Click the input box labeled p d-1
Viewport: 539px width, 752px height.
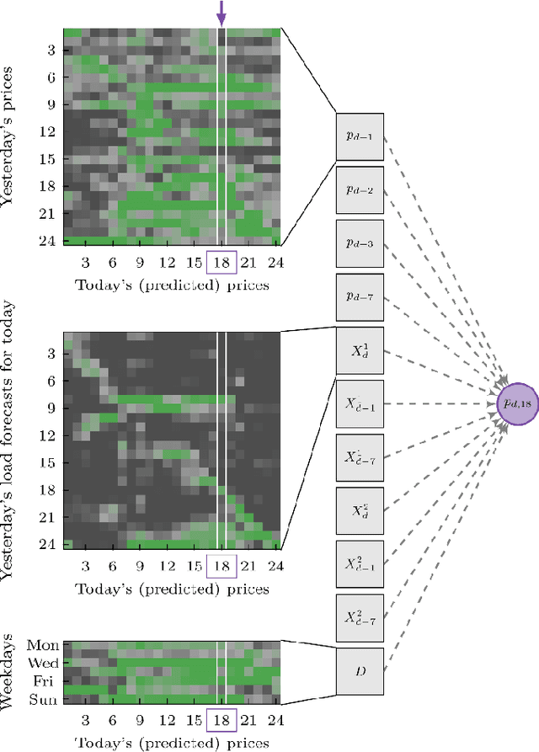point(360,136)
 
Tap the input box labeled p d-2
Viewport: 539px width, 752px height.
point(360,190)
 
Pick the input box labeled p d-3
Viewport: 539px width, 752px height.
point(360,243)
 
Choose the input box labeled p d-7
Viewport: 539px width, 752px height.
point(360,297)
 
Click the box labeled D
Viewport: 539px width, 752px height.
point(360,671)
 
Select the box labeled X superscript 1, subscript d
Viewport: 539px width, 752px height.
point(360,350)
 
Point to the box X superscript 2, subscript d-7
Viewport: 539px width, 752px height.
point(360,618)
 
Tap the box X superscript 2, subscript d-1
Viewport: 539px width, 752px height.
point(360,564)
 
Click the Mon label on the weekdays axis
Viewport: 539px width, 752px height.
point(43,646)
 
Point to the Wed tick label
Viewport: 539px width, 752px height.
point(43,663)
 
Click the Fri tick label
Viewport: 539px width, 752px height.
point(45,680)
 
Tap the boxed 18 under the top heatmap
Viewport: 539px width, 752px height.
point(222,262)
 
